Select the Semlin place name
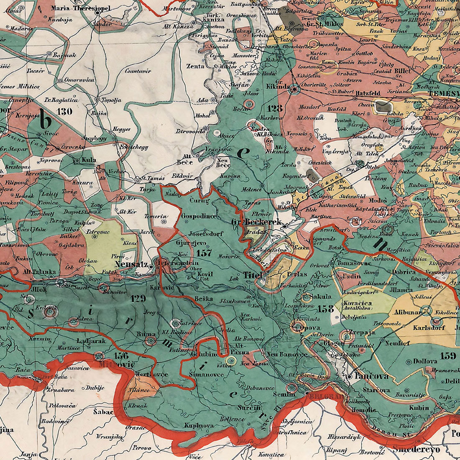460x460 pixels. (284, 394)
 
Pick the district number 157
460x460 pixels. (204, 253)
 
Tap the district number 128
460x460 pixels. (275, 109)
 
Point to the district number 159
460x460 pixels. (447, 356)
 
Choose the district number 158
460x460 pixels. (326, 309)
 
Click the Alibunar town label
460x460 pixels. (406, 312)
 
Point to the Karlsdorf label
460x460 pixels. (428, 328)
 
